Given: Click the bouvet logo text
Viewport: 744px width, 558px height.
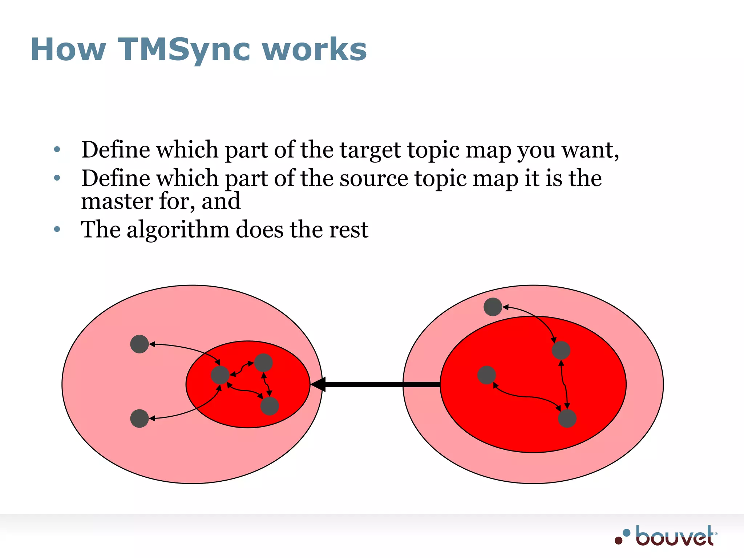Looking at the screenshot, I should click(x=675, y=536).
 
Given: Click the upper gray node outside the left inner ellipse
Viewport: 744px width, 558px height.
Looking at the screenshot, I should click(x=139, y=344).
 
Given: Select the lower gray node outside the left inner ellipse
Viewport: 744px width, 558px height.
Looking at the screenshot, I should click(x=139, y=418).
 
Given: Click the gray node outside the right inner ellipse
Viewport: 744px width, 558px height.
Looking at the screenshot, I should click(x=493, y=307).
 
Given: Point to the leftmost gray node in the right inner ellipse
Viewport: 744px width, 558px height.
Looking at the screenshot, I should click(x=487, y=375).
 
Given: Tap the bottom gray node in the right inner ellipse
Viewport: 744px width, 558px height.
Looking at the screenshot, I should click(x=567, y=418).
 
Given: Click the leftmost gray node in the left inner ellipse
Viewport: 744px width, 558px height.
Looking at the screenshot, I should click(x=220, y=375).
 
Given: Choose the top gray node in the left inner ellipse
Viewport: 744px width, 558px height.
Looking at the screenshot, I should click(x=263, y=363).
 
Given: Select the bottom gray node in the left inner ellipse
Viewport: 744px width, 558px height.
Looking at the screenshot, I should click(x=270, y=406).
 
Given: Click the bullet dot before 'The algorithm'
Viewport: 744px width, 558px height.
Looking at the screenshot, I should click(x=57, y=230).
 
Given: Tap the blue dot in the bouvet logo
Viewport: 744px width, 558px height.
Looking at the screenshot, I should click(x=626, y=533).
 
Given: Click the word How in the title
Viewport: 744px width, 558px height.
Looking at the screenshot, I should click(x=68, y=50).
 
